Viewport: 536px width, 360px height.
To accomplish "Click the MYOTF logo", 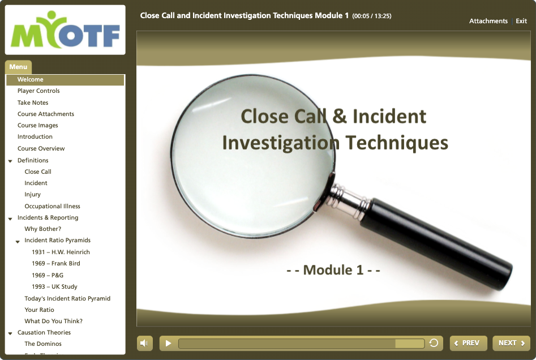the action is pos(65,30).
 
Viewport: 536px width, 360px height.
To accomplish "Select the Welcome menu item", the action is pos(31,79).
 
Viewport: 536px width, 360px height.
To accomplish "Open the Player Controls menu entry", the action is pos(38,91).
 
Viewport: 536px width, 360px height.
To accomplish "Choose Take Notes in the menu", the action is pos(33,102).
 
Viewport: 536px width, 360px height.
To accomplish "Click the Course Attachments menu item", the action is pos(46,114).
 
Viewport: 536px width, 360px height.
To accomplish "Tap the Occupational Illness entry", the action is pos(52,206).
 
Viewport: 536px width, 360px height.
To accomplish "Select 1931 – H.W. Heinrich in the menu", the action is pos(61,252).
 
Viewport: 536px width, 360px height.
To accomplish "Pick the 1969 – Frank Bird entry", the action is pos(56,263).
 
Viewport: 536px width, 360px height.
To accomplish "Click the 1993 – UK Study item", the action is pos(55,286).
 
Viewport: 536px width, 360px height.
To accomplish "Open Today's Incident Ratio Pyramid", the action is pos(67,298).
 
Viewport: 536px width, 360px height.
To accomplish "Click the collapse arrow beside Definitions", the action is pos(10,161).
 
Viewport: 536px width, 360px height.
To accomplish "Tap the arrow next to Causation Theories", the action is pos(10,333).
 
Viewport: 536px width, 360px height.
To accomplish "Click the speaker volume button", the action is pos(144,343).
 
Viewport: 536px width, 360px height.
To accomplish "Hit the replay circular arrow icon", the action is pos(434,343).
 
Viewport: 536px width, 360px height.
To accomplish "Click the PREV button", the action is pos(468,343).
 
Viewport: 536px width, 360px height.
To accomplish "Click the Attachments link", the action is pos(488,21).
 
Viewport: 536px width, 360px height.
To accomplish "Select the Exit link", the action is pos(521,21).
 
